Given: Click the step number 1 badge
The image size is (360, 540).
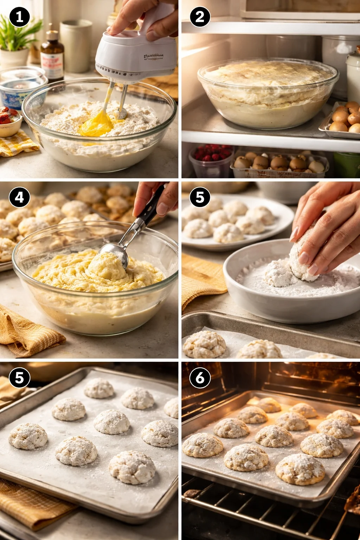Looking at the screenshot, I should (19, 17).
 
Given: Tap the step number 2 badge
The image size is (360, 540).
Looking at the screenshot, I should (200, 17).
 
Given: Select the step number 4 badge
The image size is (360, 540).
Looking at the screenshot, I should (19, 197).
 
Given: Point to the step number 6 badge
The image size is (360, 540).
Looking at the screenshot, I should (200, 378).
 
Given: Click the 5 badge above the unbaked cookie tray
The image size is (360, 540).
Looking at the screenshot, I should (19, 378).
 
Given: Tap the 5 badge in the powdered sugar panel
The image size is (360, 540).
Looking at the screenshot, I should (200, 197).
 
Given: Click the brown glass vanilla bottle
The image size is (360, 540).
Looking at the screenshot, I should (52, 56).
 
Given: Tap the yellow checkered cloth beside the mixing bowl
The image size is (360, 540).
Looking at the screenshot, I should (16, 144).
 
